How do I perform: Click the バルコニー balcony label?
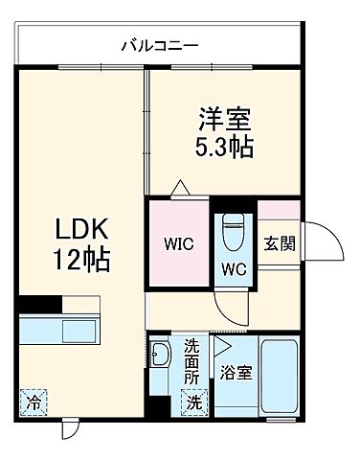[x=160, y=45]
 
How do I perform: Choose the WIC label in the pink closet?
[x=177, y=243]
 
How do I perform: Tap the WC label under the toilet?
[x=234, y=270]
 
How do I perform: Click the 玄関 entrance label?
[x=280, y=243]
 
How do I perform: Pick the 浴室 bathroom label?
[x=237, y=373]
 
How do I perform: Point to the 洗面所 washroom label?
[x=191, y=360]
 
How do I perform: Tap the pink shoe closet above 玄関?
[x=279, y=210]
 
